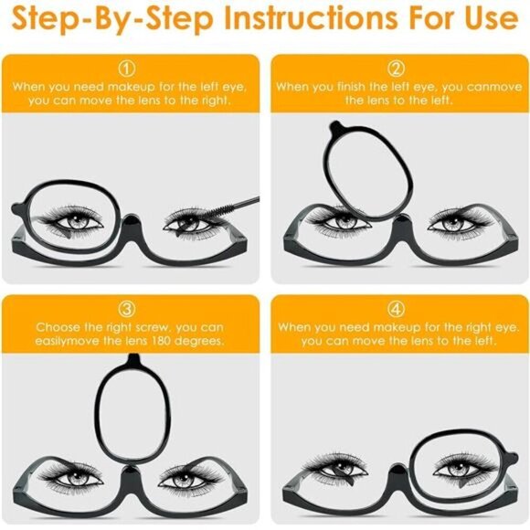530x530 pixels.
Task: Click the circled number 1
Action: click(x=129, y=69)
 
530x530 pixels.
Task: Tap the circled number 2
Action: click(x=396, y=69)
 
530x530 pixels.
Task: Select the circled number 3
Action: click(x=129, y=308)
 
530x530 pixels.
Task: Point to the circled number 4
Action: click(x=396, y=308)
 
